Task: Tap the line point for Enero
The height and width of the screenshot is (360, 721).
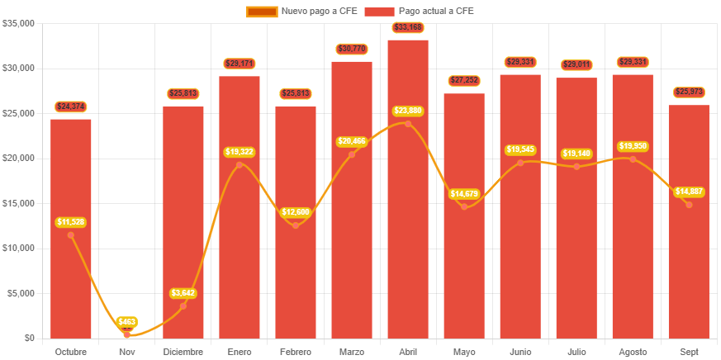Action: click(240, 165)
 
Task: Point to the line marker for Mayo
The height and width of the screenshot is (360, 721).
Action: click(464, 206)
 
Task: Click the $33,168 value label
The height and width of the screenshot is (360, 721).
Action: click(408, 28)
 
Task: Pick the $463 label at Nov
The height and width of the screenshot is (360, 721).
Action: click(127, 321)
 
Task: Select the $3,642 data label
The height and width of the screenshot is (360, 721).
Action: click(183, 293)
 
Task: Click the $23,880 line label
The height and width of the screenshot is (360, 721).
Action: click(408, 111)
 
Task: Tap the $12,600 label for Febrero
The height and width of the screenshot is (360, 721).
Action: click(296, 212)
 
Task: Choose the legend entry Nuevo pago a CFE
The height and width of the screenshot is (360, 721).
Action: click(301, 11)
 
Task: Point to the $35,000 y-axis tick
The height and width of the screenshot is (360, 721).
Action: click(18, 23)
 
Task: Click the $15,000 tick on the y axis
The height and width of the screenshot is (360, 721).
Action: click(18, 203)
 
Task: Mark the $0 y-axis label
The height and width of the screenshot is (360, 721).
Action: click(29, 338)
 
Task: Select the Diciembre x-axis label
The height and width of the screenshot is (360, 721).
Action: click(183, 352)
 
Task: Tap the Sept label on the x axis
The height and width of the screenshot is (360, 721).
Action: click(689, 352)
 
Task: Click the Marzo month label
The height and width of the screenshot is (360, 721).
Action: click(352, 352)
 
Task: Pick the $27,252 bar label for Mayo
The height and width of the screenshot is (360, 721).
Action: click(464, 80)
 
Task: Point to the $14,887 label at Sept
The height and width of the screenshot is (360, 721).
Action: click(689, 192)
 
